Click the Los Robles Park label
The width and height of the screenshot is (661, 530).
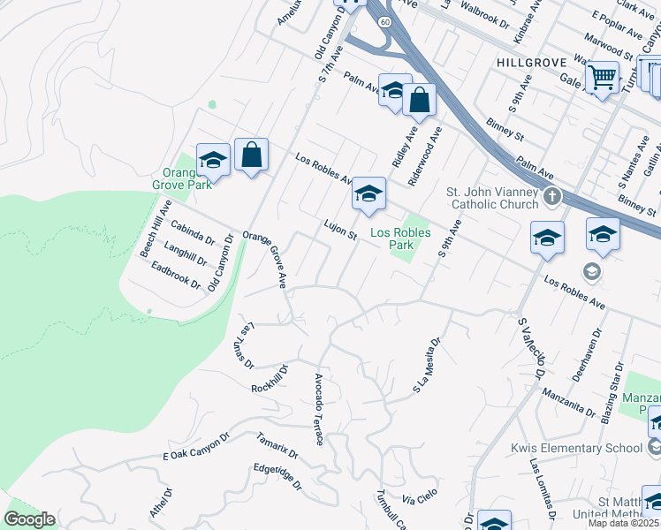click(x=400, y=238)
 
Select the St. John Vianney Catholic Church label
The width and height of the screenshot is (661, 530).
click(x=491, y=198)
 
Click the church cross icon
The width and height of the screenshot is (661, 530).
click(x=552, y=195)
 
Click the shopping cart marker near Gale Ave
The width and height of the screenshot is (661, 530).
click(x=602, y=77)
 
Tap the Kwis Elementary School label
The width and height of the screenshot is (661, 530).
click(x=576, y=448)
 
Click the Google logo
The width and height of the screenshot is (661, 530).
click(x=29, y=519)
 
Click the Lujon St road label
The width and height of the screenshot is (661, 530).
click(x=339, y=230)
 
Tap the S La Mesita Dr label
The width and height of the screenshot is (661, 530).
click(x=426, y=365)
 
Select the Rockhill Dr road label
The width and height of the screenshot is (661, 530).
click(x=270, y=381)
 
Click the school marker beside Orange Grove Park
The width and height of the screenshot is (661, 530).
click(x=213, y=161)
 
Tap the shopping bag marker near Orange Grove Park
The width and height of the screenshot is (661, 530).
click(x=252, y=155)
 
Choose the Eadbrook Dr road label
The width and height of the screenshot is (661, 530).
click(x=177, y=276)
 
